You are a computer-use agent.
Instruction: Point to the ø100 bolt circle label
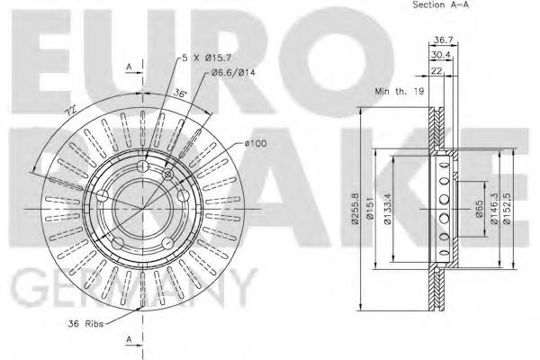[x=255, y=143]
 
